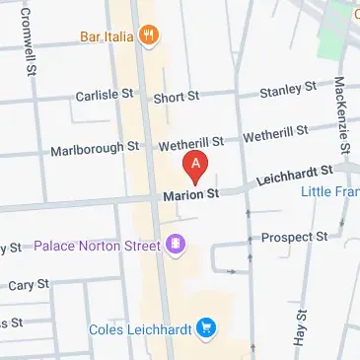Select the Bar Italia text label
(108, 38)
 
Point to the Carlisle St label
(105, 96)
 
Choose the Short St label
(177, 98)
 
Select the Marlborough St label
(96, 149)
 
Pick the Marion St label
(190, 195)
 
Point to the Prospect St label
(294, 238)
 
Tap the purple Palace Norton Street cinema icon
(177, 244)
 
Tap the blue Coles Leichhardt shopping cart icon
(206, 327)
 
